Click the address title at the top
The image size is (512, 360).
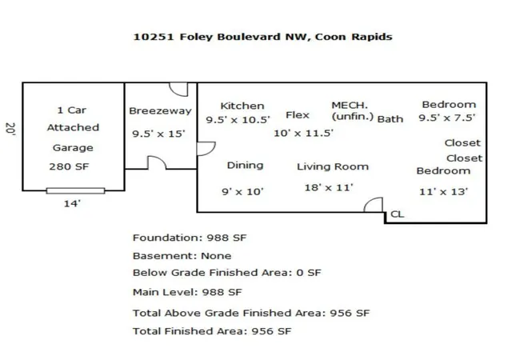pos(263,37)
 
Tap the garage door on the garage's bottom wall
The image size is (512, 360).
pos(75,190)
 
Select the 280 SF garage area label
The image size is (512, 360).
pos(69,166)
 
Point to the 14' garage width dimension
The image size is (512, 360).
pos(72,203)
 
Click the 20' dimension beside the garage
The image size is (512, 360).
pos(10,129)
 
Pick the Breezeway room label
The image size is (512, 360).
pos(160,111)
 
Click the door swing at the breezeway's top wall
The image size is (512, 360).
pos(178,90)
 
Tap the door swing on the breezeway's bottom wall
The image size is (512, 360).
pos(157,162)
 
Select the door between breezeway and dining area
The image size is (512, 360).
pos(206,149)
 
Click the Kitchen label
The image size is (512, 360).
pos(242,106)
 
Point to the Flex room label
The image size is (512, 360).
pos(298,115)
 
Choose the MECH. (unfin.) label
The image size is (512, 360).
pos(352,110)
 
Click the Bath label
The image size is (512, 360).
pos(390,119)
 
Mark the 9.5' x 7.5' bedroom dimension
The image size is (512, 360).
pos(446,118)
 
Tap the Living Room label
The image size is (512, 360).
pos(333,166)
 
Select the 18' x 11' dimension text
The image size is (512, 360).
pos(329,187)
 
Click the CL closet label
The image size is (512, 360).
pos(398,214)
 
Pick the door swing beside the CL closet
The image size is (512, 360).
pos(374,205)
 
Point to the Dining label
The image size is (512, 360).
pos(246,166)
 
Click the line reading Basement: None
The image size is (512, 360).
pos(182,256)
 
